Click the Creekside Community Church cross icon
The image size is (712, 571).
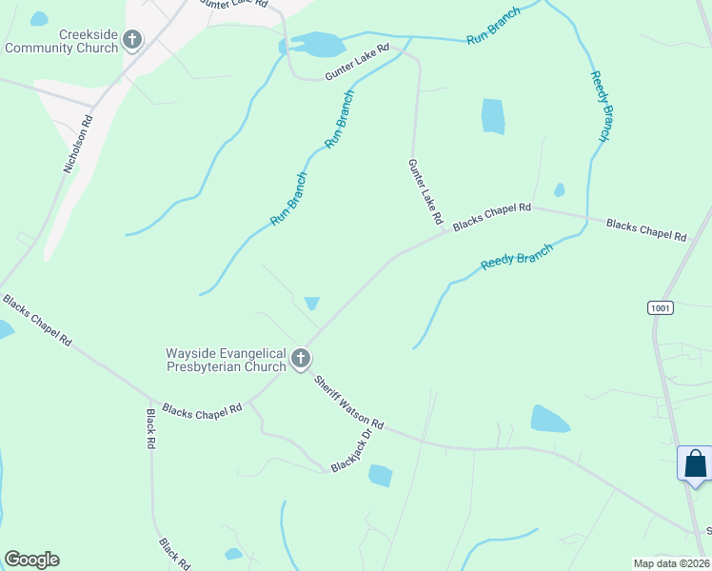132,40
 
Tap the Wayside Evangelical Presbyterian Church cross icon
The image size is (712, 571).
301,359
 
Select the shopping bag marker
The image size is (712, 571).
696,463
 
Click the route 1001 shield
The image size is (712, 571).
660,307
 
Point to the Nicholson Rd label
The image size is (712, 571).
79,145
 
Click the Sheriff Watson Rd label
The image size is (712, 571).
348,402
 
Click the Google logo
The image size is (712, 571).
31,560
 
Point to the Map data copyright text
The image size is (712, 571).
671,563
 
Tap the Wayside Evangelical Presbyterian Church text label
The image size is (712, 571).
227,360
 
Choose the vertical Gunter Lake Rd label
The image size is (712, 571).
425,191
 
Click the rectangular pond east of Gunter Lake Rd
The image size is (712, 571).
493,116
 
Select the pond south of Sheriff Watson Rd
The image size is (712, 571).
380,475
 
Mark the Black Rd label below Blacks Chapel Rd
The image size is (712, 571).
150,429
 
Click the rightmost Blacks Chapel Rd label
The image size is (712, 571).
646,230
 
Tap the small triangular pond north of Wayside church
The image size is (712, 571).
311,304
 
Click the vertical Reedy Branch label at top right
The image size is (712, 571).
600,107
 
